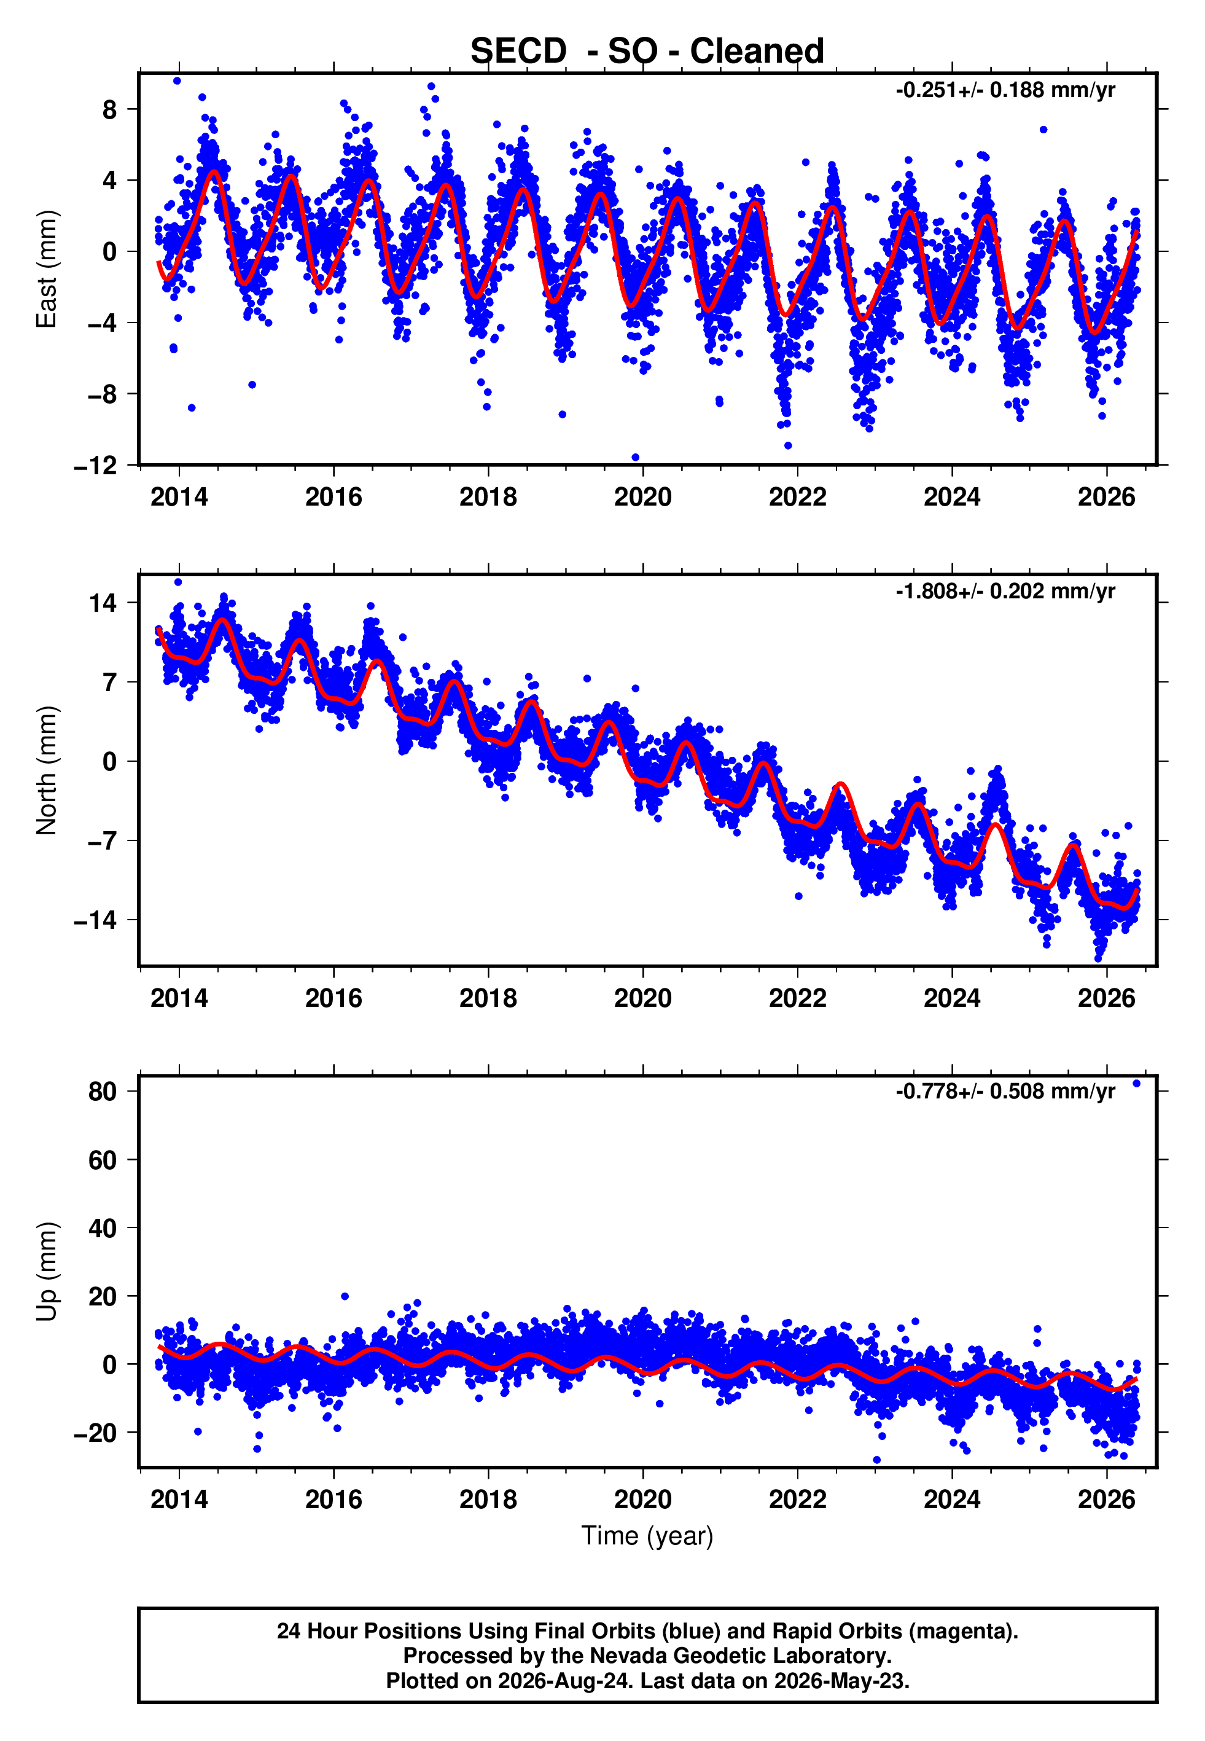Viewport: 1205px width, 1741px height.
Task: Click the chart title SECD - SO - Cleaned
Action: point(647,52)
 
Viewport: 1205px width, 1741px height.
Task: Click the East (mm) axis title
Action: point(47,269)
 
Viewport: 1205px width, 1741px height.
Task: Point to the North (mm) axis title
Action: point(47,770)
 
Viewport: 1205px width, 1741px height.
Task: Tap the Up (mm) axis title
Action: point(47,1272)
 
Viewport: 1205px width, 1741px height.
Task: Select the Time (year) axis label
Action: point(647,1536)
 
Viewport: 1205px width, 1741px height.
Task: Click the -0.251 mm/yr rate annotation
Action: point(1005,90)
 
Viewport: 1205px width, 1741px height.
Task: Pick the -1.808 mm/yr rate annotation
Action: point(1005,591)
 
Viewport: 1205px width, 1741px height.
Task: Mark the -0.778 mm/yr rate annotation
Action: point(1005,1092)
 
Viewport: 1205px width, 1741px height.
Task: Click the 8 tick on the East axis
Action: point(110,109)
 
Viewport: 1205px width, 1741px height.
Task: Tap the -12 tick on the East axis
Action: point(96,466)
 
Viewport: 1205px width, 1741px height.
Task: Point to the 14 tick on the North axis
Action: point(103,603)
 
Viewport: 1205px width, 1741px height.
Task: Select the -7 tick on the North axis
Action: point(103,841)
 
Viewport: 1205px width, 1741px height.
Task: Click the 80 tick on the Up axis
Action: point(103,1092)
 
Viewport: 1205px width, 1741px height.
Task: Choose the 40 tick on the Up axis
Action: point(103,1229)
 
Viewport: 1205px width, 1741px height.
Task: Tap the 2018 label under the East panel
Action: point(488,497)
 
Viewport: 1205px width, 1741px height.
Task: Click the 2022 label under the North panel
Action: point(798,998)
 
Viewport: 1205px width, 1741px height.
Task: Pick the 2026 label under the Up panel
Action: point(1107,1499)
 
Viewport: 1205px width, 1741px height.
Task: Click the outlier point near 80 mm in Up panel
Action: point(1137,1084)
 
